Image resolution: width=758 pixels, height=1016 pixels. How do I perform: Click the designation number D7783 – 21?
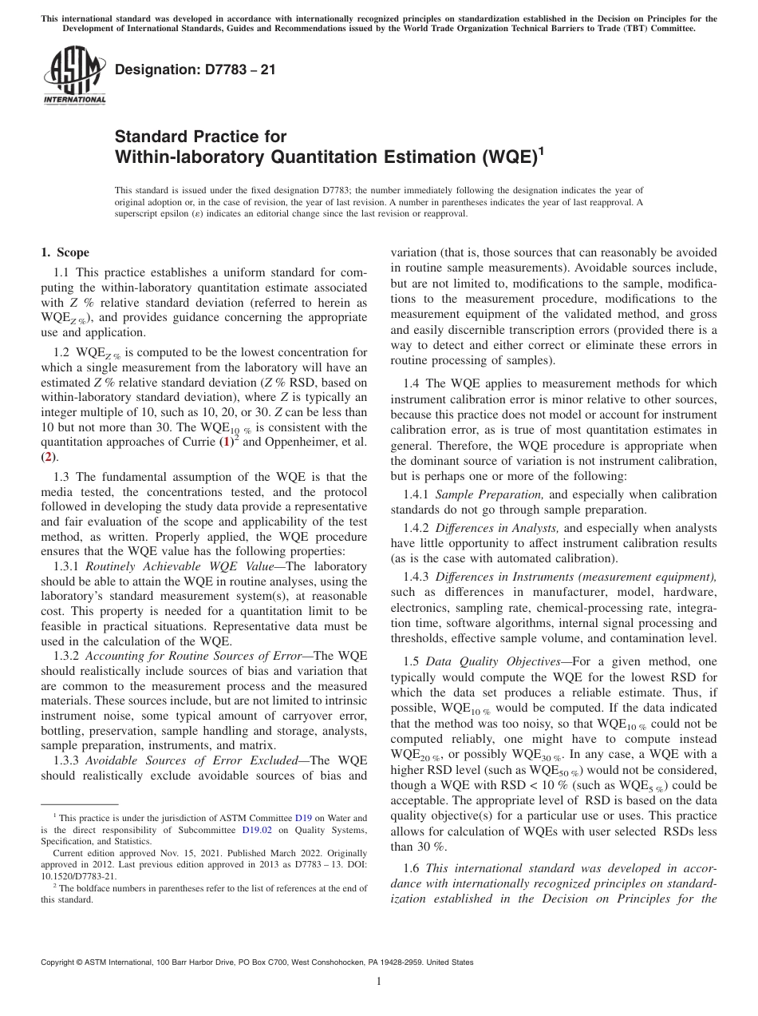tap(195, 69)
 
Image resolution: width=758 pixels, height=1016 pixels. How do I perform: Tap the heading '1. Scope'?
tap(65, 253)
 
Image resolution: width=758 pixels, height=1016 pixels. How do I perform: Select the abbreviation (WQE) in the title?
tap(503, 157)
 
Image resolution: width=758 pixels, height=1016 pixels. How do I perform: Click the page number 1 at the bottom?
tap(379, 982)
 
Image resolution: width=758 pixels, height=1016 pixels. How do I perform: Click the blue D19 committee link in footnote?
tap(303, 818)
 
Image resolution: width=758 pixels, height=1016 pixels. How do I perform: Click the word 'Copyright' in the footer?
tap(62, 962)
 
